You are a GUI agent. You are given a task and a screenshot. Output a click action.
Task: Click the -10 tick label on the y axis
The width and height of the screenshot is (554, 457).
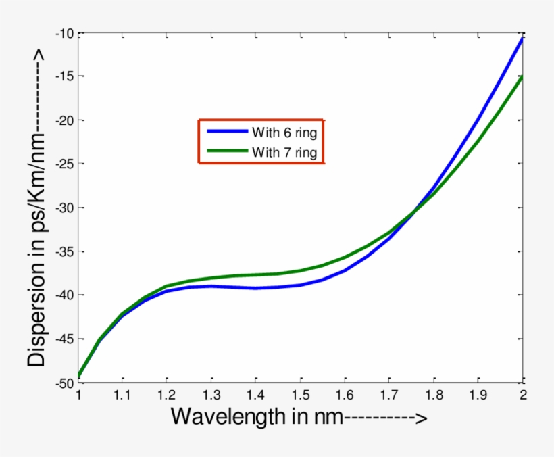point(66,33)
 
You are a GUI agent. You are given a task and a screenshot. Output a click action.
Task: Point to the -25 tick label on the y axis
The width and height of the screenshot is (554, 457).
point(66,164)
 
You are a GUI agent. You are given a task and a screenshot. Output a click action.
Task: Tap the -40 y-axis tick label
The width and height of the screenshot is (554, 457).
point(66,295)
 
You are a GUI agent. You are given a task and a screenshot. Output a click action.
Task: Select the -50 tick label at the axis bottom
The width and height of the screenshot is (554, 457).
point(66,382)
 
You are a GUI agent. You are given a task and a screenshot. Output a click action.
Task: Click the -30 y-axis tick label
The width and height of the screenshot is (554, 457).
point(66,208)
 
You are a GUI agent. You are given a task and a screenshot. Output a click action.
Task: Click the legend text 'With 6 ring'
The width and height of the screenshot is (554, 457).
point(284,131)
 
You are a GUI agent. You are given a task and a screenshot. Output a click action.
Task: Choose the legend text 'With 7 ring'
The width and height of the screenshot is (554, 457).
point(284,152)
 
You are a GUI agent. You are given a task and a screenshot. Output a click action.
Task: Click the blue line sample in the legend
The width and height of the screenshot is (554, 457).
point(227,131)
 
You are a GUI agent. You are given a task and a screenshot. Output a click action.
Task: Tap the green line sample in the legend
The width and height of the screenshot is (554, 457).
point(227,152)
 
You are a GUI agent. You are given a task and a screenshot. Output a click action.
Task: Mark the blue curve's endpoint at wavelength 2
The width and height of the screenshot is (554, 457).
point(522,39)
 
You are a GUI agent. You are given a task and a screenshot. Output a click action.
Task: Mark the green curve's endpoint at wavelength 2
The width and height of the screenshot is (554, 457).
point(522,77)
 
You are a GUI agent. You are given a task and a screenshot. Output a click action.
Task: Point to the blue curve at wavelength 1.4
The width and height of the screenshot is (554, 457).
point(256,288)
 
